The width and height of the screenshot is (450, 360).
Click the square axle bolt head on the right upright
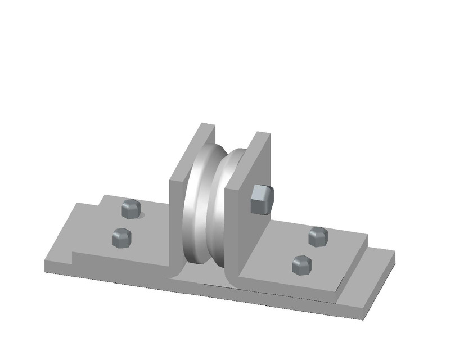point(262,200)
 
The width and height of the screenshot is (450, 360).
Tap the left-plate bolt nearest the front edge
point(121,237)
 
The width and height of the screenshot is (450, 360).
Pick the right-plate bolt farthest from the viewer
point(318,236)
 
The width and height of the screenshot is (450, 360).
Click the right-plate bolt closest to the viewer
point(302,264)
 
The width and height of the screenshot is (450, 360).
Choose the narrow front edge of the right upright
point(232,231)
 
